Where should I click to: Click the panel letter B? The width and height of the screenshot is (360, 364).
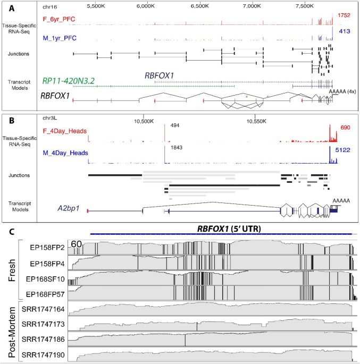(x=12, y=118)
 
